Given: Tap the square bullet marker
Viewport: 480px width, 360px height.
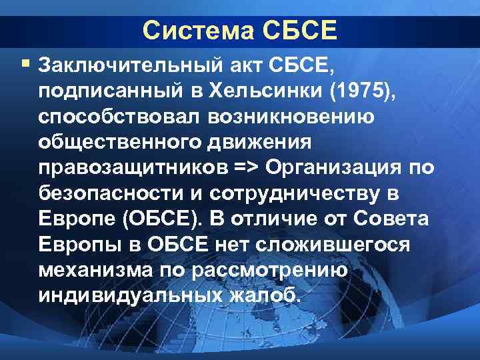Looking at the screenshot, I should pyautogui.click(x=25, y=64).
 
